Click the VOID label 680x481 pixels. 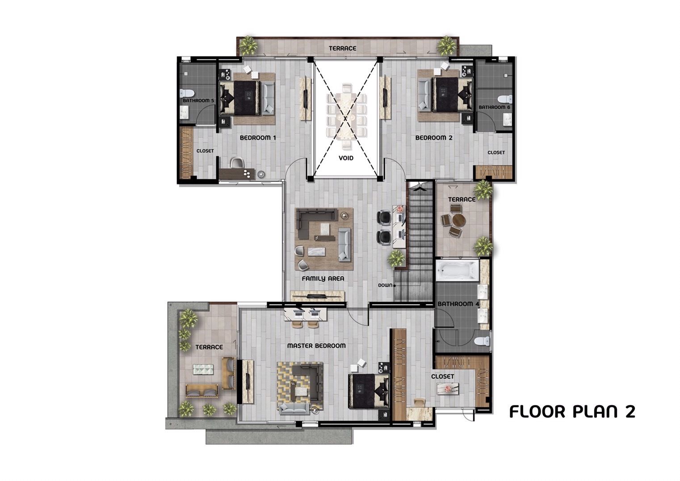tap(346, 158)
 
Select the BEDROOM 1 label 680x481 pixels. tap(258, 138)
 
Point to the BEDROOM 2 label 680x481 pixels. tap(433, 138)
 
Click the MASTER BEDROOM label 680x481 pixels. tap(316, 346)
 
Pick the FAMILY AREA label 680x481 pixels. tap(323, 278)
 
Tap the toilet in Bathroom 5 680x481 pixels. tap(185, 93)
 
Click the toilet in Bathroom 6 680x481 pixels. tap(505, 99)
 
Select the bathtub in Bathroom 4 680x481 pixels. tap(458, 270)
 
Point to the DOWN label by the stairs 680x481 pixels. tap(385, 286)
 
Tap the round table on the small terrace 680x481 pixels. tap(459, 221)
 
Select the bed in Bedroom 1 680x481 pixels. tap(240, 98)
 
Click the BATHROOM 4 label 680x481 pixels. tap(458, 304)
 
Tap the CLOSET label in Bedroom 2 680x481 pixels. tap(496, 152)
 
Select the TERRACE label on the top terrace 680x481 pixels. tap(342, 48)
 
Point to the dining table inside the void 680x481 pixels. tap(346, 117)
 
